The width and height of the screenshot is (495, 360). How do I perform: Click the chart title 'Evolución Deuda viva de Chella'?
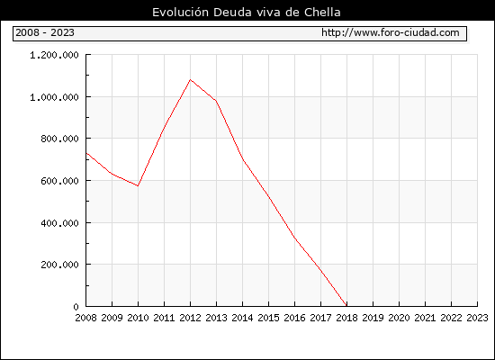pyautogui.click(x=247, y=13)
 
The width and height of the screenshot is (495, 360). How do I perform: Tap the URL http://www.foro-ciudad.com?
pyautogui.click(x=391, y=32)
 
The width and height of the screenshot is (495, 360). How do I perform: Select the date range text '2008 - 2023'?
pyautogui.click(x=45, y=32)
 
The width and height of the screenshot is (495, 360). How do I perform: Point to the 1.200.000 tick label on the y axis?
pyautogui.click(x=54, y=55)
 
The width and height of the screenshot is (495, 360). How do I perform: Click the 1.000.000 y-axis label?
pyautogui.click(x=54, y=97)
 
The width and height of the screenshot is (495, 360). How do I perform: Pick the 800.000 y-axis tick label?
pyautogui.click(x=59, y=139)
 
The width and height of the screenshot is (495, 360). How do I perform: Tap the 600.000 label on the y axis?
pyautogui.click(x=59, y=181)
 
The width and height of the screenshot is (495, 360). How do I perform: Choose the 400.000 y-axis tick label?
pyautogui.click(x=59, y=223)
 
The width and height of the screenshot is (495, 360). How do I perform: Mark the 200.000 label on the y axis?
pyautogui.click(x=59, y=265)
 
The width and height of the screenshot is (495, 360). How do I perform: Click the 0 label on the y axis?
pyautogui.click(x=76, y=307)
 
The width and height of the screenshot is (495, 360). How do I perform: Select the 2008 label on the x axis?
pyautogui.click(x=85, y=318)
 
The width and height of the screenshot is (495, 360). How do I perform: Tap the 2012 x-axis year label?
pyautogui.click(x=190, y=318)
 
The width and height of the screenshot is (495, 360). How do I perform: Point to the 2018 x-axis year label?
pyautogui.click(x=346, y=318)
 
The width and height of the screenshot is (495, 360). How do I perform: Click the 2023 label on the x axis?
pyautogui.click(x=477, y=318)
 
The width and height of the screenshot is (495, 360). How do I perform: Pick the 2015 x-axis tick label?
pyautogui.click(x=268, y=318)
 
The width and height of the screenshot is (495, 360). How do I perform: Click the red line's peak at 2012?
pyautogui.click(x=190, y=79)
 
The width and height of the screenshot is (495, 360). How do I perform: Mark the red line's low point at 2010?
pyautogui.click(x=138, y=185)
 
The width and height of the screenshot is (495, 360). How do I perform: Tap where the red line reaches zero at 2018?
pyautogui.click(x=346, y=306)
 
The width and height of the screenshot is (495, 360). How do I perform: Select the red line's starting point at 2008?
pyautogui.click(x=86, y=153)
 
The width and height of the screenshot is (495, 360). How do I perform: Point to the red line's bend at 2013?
pyautogui.click(x=216, y=101)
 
